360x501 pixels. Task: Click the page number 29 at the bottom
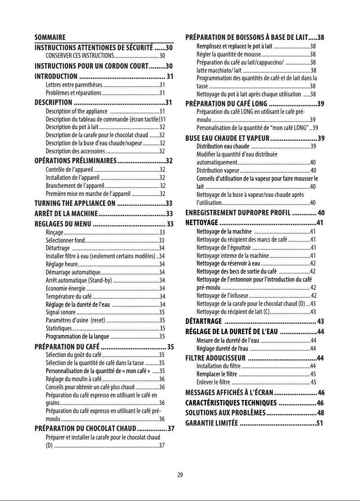[180, 476]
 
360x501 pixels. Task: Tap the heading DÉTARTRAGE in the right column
[203, 321]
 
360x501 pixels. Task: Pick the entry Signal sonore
[61, 312]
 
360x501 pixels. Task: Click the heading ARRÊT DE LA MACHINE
[66, 213]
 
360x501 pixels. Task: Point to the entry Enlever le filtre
[213, 382]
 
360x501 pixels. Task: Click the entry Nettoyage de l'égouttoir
[224, 248]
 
